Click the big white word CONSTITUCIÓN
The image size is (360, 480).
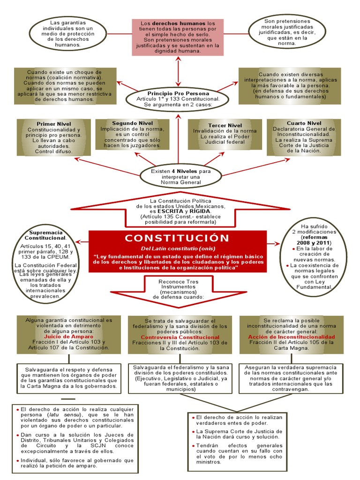177,238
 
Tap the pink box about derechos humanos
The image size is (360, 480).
177,37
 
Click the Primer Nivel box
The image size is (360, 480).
53,137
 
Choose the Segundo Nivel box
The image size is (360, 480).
132,135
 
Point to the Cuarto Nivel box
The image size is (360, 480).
304,137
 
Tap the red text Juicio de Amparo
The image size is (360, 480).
69,337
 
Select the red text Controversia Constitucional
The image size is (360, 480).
180,337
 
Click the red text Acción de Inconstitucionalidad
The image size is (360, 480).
291,337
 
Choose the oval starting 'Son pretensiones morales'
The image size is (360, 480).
287,32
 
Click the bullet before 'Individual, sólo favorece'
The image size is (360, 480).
17,460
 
